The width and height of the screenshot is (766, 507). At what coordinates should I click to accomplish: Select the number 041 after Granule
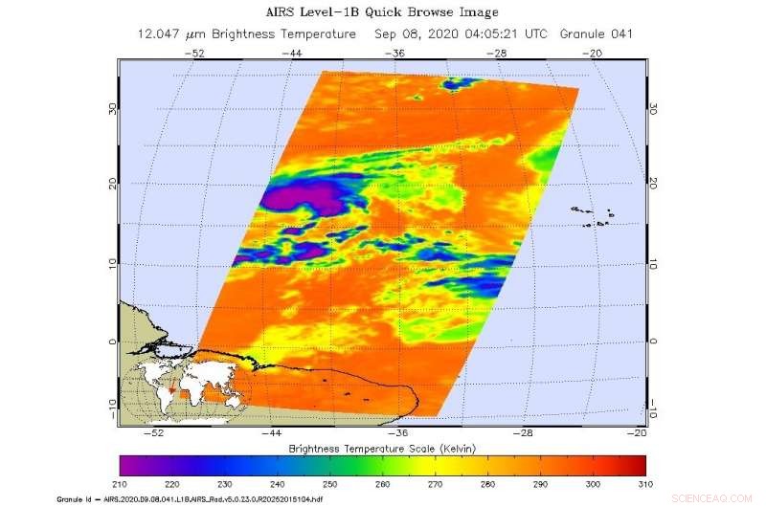[620, 33]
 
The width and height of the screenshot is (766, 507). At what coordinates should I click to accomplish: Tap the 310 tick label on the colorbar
[646, 484]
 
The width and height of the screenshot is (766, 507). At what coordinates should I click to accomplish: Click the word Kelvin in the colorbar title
[456, 448]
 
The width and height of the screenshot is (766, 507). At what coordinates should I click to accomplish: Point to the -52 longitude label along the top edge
[197, 53]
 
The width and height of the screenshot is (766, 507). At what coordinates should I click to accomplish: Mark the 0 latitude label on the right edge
[654, 341]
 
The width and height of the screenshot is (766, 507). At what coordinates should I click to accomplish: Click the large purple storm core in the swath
[299, 199]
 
